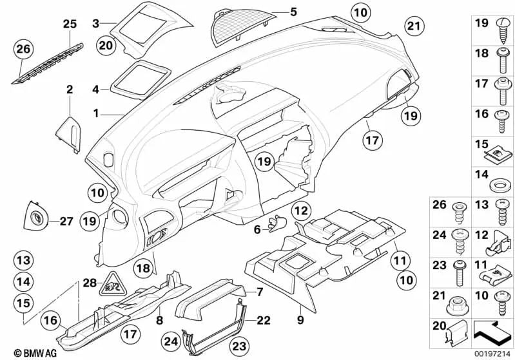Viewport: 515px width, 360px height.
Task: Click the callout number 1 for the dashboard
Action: (95, 113)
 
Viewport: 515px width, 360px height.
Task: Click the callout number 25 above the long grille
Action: (69, 24)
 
